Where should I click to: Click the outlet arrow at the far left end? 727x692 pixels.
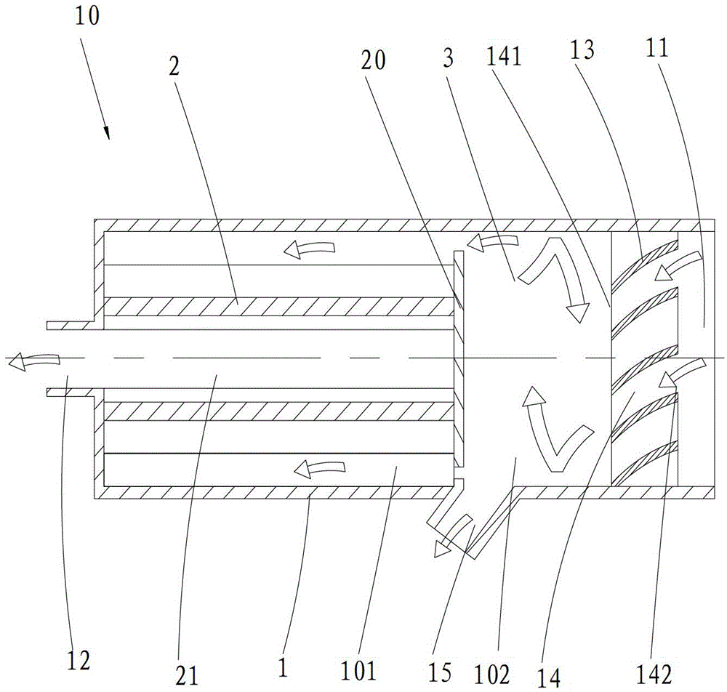point(24,358)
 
